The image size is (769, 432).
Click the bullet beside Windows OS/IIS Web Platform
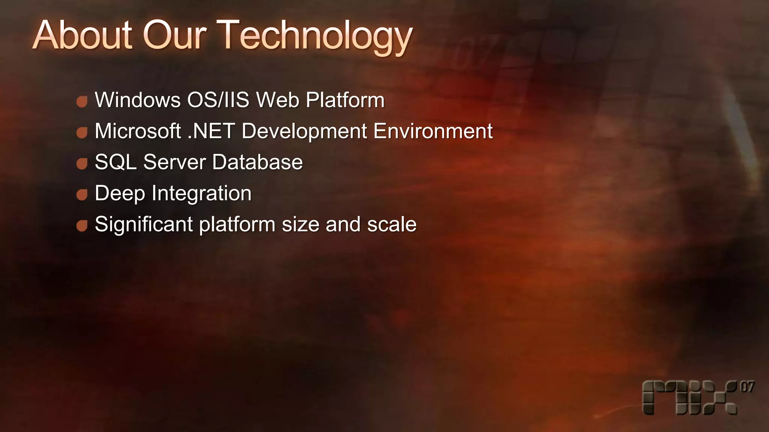tap(82, 101)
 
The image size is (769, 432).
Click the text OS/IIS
tap(218, 100)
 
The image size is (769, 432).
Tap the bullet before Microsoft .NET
tap(82, 132)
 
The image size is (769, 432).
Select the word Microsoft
tap(138, 131)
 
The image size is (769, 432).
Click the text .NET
tap(211, 131)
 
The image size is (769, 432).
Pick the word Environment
tap(433, 131)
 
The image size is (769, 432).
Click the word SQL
tap(115, 162)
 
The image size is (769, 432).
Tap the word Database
tap(257, 162)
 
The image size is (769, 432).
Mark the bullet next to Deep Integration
tap(82, 195)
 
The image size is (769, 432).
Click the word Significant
tap(143, 225)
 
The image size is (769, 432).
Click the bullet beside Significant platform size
tap(82, 226)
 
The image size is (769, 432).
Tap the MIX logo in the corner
tap(689, 398)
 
